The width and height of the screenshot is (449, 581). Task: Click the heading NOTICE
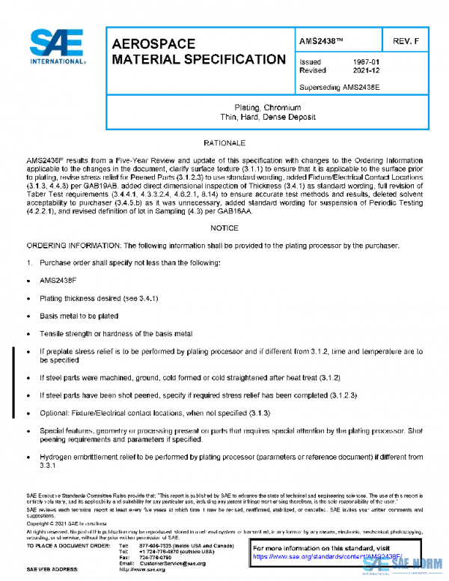coord(224,228)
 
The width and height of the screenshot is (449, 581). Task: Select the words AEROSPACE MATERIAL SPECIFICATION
coord(198,52)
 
